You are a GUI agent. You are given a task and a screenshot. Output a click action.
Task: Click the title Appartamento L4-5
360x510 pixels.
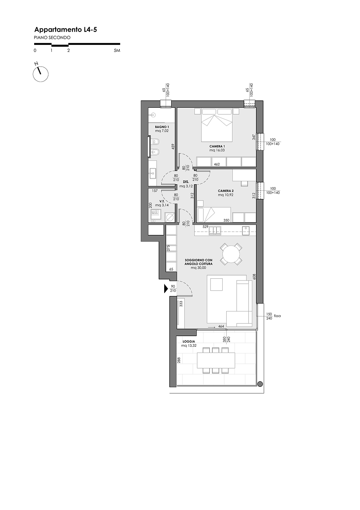[x=65, y=30]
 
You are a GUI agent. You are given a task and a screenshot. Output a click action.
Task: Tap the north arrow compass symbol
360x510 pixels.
[x=40, y=73]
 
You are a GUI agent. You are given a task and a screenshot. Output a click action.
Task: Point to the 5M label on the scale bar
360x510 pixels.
[x=117, y=50]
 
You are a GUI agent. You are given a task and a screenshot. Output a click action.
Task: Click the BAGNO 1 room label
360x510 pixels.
[x=162, y=127]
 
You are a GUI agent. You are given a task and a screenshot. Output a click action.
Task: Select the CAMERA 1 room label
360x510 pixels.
[x=217, y=146]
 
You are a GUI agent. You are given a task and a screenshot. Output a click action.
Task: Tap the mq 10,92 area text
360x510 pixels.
[x=226, y=195]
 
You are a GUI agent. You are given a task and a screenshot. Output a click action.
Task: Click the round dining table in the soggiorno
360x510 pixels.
[x=231, y=254]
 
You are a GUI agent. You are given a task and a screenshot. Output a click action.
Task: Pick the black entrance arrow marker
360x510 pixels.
[x=166, y=289]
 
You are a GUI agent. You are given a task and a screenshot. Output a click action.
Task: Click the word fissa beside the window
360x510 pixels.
[x=277, y=316]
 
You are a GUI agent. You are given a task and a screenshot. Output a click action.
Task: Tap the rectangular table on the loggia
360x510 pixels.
[x=216, y=360]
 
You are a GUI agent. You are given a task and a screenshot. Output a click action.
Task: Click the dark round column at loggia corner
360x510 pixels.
[x=260, y=384]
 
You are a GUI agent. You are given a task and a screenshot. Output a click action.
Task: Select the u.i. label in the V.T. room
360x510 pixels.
[x=155, y=212]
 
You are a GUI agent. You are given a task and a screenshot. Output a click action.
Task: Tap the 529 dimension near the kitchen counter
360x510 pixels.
[x=205, y=227]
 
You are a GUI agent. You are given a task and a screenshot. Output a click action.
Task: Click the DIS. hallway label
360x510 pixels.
[x=186, y=182]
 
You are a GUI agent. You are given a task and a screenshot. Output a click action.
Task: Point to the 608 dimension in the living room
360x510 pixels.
[x=254, y=277]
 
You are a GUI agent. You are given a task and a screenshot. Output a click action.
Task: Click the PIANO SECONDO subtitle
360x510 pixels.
[x=52, y=38]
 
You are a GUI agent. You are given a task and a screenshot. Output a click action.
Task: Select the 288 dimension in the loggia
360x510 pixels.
[x=179, y=360]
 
